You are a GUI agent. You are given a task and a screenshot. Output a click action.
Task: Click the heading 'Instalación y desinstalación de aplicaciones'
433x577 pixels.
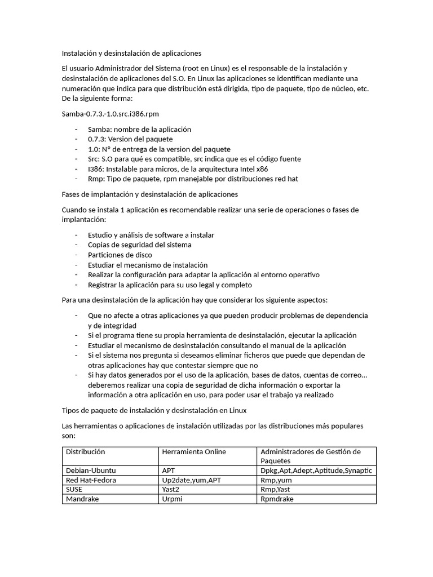(x=131, y=53)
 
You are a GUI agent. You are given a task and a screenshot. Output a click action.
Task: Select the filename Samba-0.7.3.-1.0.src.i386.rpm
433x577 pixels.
(x=107, y=114)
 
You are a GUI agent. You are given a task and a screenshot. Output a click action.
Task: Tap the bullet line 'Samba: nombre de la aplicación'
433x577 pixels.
(x=139, y=129)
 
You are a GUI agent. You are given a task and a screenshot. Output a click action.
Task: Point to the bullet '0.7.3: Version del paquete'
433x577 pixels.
(x=130, y=139)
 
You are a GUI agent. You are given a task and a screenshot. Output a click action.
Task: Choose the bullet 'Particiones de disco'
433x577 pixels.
(x=120, y=255)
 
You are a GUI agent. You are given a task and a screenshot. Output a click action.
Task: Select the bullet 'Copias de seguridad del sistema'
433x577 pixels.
(x=139, y=245)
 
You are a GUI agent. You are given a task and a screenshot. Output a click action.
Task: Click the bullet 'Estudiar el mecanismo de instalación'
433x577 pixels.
(x=148, y=265)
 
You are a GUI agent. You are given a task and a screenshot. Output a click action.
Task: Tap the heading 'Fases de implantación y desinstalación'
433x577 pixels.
(x=149, y=194)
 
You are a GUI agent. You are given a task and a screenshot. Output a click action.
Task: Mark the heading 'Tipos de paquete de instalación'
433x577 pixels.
(x=154, y=410)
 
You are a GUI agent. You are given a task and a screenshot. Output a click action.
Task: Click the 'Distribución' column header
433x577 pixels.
(x=86, y=452)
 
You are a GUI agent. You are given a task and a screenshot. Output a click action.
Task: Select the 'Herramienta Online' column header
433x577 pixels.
(x=194, y=452)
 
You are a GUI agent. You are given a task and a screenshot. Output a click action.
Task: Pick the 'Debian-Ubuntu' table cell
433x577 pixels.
(x=91, y=471)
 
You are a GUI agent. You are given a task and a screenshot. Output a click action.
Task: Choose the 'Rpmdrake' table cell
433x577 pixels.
(x=277, y=499)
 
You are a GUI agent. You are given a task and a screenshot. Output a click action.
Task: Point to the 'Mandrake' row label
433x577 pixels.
(x=83, y=499)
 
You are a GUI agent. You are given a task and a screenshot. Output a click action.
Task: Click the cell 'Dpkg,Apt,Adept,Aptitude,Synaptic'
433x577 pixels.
(x=316, y=471)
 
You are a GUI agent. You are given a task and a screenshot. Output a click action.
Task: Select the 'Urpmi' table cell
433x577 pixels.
(x=172, y=499)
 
